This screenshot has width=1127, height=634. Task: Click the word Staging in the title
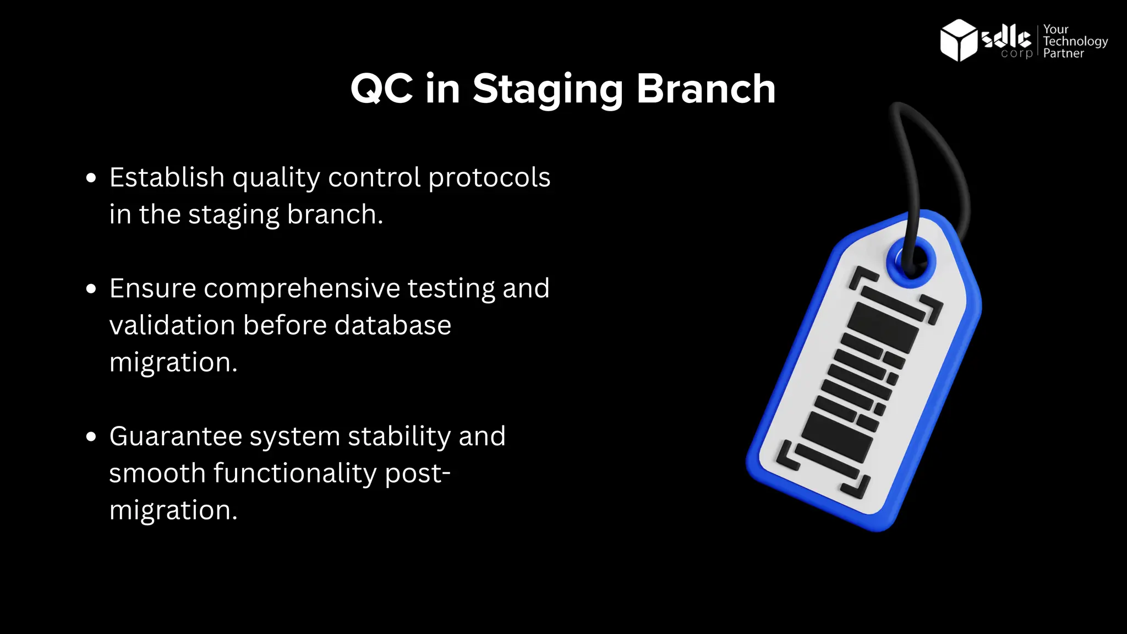click(548, 89)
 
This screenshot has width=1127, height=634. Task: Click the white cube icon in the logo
click(958, 40)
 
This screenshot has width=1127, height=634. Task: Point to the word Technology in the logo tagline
click(1075, 41)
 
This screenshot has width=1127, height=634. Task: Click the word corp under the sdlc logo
click(1016, 53)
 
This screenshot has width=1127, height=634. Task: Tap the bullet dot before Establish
click(91, 178)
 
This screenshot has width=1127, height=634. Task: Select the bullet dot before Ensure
click(91, 289)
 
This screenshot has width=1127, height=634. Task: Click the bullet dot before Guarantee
click(91, 437)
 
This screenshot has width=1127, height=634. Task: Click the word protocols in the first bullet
click(489, 178)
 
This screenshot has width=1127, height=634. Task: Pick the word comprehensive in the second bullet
click(302, 288)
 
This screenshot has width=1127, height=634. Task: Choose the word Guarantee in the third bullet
click(176, 436)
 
